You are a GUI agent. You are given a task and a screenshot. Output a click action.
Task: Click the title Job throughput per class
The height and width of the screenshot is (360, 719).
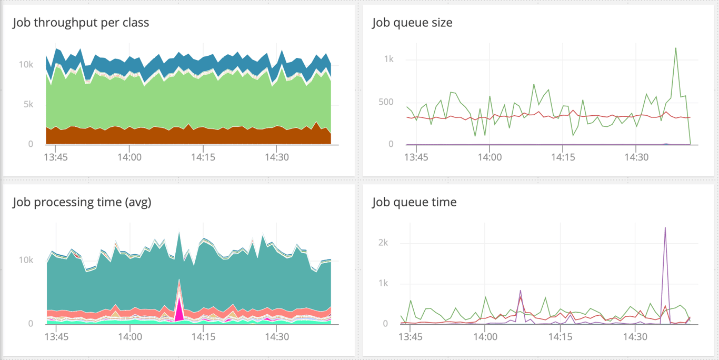[x=81, y=23]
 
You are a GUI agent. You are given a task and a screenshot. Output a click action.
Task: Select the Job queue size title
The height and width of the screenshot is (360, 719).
[x=412, y=23]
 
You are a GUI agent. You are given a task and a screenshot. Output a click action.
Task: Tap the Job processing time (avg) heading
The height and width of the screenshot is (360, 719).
[x=82, y=202]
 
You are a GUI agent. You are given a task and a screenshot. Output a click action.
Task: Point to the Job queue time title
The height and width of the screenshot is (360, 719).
[x=414, y=202]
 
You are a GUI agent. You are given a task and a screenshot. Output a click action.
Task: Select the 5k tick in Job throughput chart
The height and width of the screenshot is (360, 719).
[x=27, y=104]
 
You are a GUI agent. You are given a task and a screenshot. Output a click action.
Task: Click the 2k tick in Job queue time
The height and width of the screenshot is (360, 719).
[x=383, y=243]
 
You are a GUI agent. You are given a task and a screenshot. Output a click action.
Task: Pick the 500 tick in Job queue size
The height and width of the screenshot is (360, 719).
[x=386, y=102]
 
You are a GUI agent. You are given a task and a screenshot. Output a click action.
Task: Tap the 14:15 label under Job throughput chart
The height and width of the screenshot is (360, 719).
[x=203, y=157]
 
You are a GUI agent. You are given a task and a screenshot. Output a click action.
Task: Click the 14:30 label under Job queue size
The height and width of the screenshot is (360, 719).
[x=636, y=157]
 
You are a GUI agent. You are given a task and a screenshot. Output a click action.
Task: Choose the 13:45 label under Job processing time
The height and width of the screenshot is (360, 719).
[x=56, y=336]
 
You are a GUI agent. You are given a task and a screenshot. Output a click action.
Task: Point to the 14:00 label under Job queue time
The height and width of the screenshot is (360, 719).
[x=489, y=336]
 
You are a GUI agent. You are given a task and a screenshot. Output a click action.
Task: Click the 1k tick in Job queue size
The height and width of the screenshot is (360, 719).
[x=388, y=59]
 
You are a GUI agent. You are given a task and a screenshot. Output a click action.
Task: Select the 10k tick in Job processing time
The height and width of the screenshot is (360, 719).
[x=26, y=260]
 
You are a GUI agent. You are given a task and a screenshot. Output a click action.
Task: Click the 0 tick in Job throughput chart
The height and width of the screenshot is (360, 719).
[x=31, y=144]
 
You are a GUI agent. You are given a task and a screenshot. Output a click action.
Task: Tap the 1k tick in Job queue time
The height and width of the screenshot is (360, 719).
[x=383, y=283]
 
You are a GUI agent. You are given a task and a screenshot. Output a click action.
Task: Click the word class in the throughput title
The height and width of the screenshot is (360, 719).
[x=135, y=23]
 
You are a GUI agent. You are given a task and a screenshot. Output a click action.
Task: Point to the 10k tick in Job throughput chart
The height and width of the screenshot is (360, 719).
[x=26, y=65]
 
